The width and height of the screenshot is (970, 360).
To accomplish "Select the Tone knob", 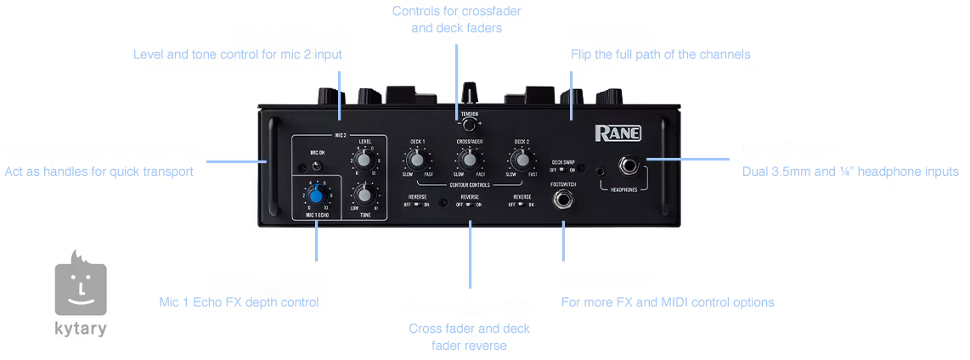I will click(x=365, y=194).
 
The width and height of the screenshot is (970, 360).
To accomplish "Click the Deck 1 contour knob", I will click(x=416, y=159).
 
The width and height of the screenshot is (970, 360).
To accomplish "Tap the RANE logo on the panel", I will click(x=618, y=132).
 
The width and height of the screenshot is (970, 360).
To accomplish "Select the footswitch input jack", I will click(x=561, y=200).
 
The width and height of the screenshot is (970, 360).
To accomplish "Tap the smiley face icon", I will click(x=81, y=289).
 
